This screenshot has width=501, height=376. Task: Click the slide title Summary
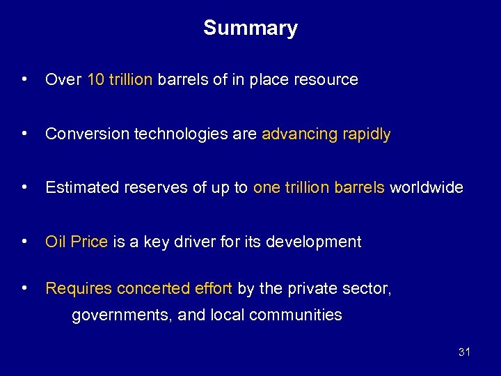pos(250,28)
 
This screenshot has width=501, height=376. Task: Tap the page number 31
pos(464,352)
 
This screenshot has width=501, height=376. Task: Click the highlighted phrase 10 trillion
pos(120,80)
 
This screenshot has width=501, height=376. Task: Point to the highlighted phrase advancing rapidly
pos(326,134)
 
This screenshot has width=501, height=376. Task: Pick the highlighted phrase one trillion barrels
pos(319,187)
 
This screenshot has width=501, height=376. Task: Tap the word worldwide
pos(426,187)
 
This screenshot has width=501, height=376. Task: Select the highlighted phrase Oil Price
pos(77,242)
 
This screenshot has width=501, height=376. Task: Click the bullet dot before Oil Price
pos(25,241)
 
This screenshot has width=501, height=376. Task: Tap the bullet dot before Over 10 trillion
pos(25,79)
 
